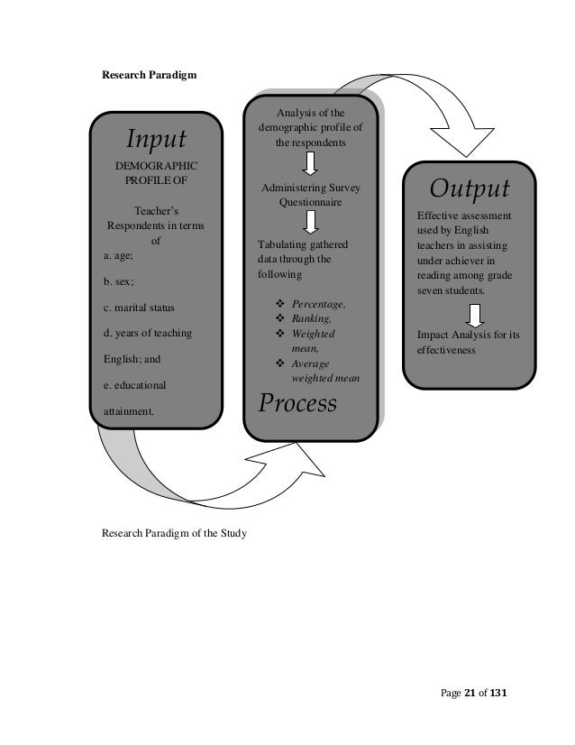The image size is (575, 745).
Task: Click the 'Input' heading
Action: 156,140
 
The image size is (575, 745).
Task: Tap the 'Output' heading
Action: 469,190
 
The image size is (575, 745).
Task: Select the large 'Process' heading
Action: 297,403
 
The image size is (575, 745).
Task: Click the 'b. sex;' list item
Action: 113,281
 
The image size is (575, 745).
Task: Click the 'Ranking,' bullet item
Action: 311,318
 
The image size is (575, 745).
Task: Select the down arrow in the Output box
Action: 476,316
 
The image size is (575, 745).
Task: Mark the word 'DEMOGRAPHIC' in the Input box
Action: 156,167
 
